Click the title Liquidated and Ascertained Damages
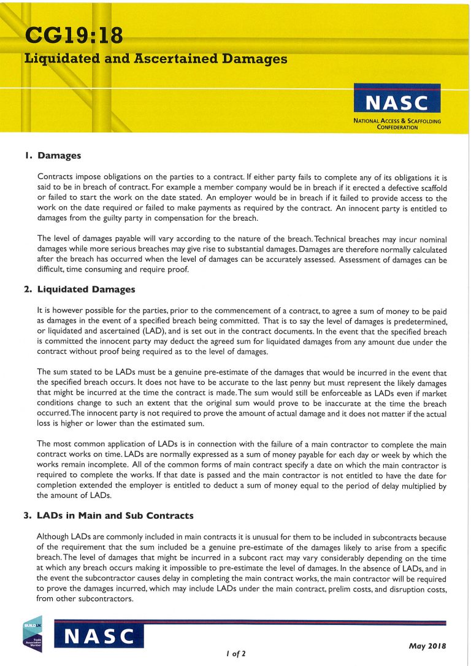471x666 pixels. tap(156, 59)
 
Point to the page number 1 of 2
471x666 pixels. tap(235, 654)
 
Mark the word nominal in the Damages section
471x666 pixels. tap(429, 239)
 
